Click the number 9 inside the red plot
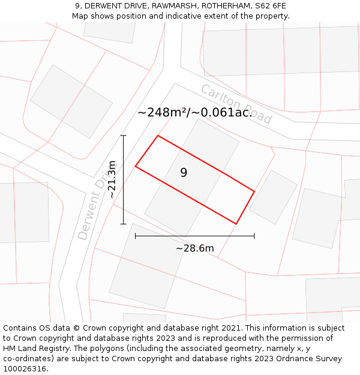[x=184, y=173]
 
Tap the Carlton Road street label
[x=236, y=104]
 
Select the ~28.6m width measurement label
[x=194, y=248]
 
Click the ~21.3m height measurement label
[x=112, y=179]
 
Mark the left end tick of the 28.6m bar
[x=136, y=236]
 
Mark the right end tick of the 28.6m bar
[x=254, y=236]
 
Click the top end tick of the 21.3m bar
[x=124, y=136]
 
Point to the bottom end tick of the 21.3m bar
[x=124, y=224]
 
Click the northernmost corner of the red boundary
[x=158, y=136]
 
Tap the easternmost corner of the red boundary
[x=254, y=191]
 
